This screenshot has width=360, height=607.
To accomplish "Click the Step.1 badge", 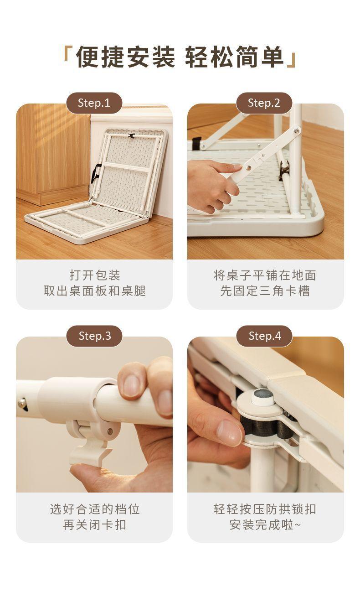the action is [94, 103].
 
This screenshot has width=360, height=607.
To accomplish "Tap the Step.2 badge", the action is [264, 103].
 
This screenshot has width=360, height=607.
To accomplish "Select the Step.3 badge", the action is [94, 336].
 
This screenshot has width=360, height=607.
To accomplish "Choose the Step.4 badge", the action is [264, 336].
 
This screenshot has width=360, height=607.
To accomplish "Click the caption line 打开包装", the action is [95, 275].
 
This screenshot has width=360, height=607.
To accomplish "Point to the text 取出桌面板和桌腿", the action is [95, 291].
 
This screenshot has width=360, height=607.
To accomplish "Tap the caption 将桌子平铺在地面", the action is [265, 275].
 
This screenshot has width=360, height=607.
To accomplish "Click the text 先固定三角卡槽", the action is [265, 291].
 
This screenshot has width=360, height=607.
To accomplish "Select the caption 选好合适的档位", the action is [95, 509].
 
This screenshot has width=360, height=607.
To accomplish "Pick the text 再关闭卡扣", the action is [95, 524].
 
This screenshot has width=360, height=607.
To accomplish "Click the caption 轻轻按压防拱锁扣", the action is [265, 509].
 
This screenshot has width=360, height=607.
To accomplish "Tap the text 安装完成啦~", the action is [265, 524].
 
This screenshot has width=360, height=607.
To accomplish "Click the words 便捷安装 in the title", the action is [125, 57].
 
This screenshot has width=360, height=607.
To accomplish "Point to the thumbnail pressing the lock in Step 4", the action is [229, 433].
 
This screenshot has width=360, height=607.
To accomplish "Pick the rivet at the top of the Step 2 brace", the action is [297, 131].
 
